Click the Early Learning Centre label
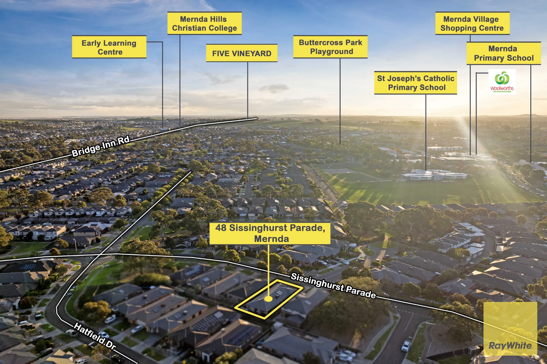coord(109,47)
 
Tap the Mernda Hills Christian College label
coord(204,23)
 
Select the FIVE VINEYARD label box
coord(242,53)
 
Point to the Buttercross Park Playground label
coord(330,47)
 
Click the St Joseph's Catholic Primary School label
coord(415,83)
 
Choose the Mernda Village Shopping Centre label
coord(472,23)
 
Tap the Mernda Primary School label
coord(504,53)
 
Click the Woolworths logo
coord(502,82)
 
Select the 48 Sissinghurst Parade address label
coord(270,233)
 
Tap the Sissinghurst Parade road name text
coord(333,285)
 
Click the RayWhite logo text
coord(510,345)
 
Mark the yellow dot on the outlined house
coord(269,299)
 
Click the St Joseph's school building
coord(435,175)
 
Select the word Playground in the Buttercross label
coord(331,52)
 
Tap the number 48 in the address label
coord(221,228)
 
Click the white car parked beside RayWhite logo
coord(406,346)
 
